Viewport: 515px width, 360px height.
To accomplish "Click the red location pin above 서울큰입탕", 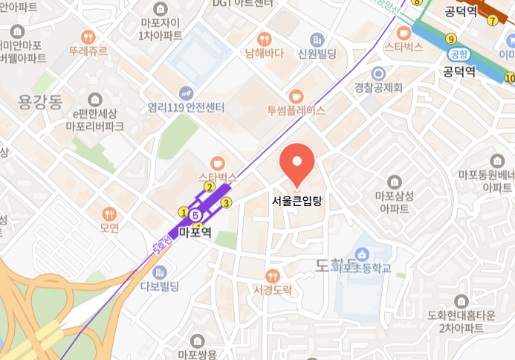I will [297, 161].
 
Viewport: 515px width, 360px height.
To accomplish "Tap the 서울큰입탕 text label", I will [297, 200].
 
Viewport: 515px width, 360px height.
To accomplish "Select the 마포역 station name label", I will [195, 232].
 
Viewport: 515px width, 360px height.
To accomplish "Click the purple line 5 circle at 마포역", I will [195, 216].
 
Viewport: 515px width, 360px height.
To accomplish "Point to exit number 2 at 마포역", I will [210, 187].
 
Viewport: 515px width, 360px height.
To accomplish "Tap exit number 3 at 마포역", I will [227, 202].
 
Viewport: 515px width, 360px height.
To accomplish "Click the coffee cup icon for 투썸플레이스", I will [296, 96].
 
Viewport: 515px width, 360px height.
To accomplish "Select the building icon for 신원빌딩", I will [317, 39].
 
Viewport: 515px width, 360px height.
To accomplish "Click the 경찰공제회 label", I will [378, 88].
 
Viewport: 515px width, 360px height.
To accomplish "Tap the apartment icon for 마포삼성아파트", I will [394, 181].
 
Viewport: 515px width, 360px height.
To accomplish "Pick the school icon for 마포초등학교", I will [363, 254].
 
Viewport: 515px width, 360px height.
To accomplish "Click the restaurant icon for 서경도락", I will [272, 275].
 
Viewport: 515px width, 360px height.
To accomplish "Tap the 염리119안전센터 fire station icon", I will [186, 93].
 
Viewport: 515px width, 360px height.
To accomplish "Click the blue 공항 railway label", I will [459, 54].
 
